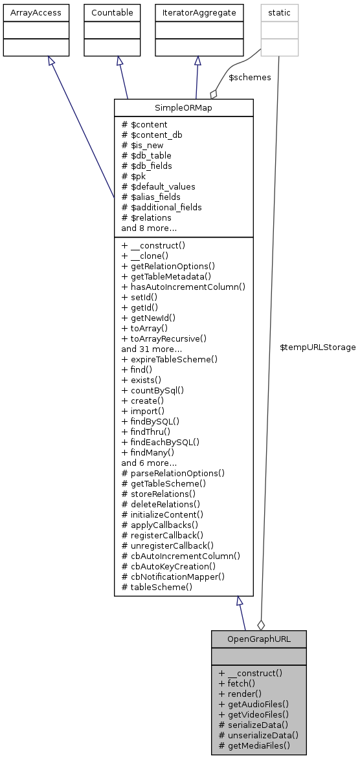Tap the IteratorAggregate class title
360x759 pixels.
(197, 12)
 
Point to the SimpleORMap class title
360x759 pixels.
(183, 107)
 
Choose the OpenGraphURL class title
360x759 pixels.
(258, 639)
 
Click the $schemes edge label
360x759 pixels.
(250, 77)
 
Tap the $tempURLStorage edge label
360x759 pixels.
(317, 347)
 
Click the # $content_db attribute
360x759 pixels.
(152, 135)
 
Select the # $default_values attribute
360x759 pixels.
(158, 186)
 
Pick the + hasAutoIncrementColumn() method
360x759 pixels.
(183, 286)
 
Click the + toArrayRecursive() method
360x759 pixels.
(163, 338)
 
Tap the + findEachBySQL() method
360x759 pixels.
(160, 442)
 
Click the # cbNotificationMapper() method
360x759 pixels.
(173, 576)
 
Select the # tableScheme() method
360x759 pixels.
(157, 587)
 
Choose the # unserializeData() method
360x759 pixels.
(258, 735)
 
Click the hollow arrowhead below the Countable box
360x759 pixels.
(119, 60)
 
